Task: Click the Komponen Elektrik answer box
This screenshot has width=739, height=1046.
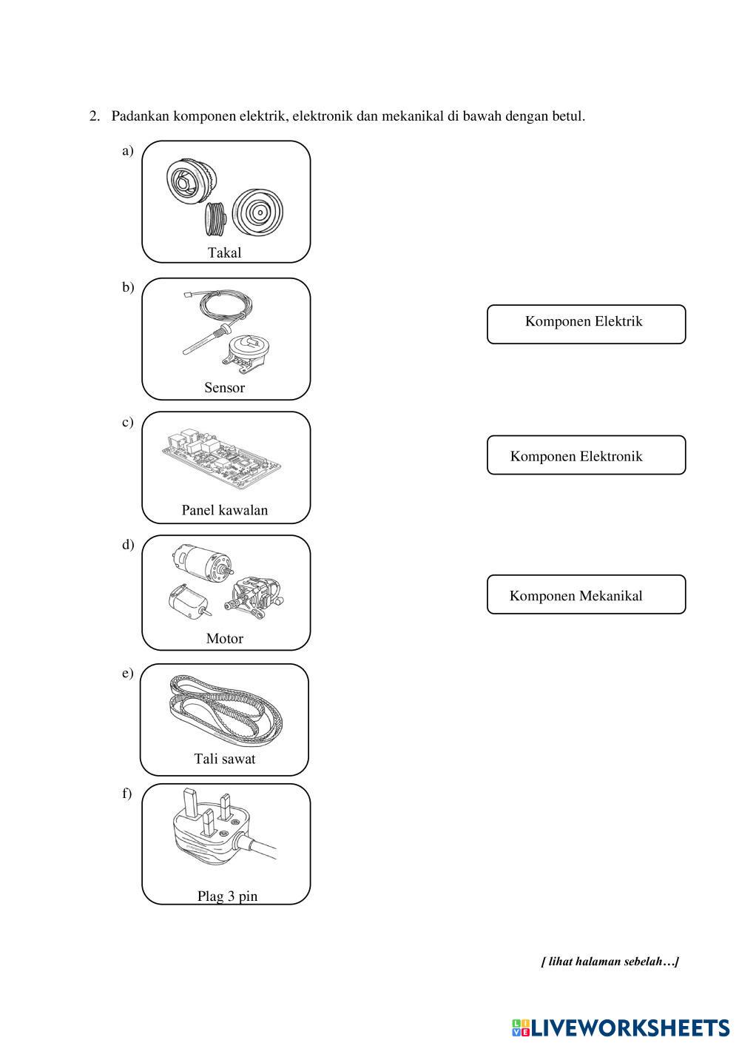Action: click(x=586, y=324)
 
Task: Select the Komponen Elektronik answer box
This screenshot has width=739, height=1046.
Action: click(x=586, y=455)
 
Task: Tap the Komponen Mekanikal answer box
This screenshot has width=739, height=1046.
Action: click(x=586, y=594)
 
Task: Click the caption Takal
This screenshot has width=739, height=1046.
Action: click(x=224, y=252)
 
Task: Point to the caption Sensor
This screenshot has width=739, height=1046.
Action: click(x=224, y=387)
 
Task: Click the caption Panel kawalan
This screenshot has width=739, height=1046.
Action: click(x=224, y=510)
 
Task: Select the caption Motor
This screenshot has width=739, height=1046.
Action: click(x=224, y=638)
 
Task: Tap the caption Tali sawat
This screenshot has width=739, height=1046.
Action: click(x=224, y=759)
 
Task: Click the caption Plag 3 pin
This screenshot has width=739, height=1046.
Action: click(x=227, y=896)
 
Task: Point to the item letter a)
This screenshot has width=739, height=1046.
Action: click(x=128, y=151)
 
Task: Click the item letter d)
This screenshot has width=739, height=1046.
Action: click(x=128, y=545)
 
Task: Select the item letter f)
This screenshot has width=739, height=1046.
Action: click(x=127, y=794)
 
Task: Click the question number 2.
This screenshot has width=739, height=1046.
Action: click(x=94, y=116)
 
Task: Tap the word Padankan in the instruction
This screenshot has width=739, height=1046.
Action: click(x=141, y=116)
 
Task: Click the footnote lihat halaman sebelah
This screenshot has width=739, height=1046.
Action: click(x=610, y=962)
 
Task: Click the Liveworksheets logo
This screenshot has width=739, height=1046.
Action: click(x=620, y=1027)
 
